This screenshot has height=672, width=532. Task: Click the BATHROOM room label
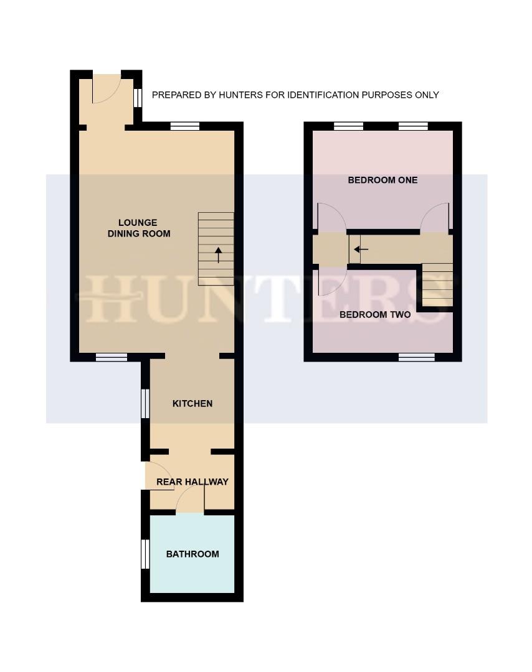(192, 554)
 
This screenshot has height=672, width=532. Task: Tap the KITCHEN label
(192, 403)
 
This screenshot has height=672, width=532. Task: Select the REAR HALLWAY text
(192, 482)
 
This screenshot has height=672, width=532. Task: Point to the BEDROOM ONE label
(382, 180)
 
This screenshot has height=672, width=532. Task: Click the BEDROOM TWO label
(375, 314)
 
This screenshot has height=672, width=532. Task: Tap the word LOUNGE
(138, 223)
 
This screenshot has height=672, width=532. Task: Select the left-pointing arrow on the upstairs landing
(361, 250)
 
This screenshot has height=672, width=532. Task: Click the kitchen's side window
(145, 404)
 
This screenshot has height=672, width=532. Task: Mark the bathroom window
(145, 554)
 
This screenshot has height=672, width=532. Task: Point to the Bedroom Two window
(417, 357)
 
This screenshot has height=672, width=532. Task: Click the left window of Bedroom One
(348, 126)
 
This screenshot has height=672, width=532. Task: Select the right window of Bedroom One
(413, 126)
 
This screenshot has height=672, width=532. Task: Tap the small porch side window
(138, 97)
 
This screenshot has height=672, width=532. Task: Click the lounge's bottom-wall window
(112, 357)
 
